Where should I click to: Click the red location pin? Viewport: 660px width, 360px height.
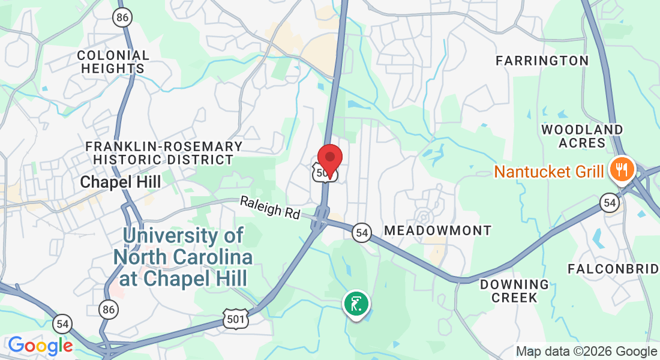(329, 159)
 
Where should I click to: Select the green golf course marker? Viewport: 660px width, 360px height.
(356, 304)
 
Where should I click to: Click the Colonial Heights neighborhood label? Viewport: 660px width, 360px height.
(113, 62)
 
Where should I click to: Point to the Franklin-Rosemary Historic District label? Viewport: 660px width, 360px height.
(164, 153)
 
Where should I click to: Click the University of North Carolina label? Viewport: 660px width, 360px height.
(183, 257)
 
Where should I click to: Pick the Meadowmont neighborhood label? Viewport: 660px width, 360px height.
(437, 230)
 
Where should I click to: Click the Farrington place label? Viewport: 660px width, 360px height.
(542, 61)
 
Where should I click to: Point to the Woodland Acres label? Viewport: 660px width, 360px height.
(582, 136)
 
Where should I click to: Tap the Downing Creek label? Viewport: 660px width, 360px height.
(514, 290)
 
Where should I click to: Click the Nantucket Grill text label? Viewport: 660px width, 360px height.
(548, 172)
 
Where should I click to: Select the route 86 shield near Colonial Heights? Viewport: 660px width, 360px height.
(122, 17)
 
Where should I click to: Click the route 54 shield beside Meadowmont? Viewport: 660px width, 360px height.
(361, 233)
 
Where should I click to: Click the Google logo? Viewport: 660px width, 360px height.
(40, 346)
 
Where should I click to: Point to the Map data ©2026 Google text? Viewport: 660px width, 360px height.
(587, 352)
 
